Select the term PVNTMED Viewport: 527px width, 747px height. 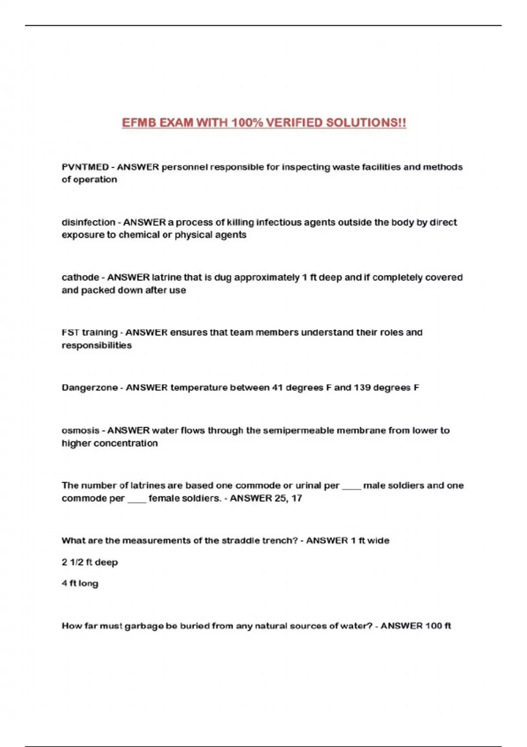pyautogui.click(x=85, y=167)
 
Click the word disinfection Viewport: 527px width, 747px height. pyautogui.click(x=88, y=222)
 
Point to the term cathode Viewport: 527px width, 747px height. pyautogui.click(x=80, y=277)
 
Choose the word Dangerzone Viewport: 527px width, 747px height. pyautogui.click(x=90, y=388)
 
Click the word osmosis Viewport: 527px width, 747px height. pyautogui.click(x=80, y=430)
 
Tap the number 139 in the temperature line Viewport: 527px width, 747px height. pyautogui.click(x=362, y=388)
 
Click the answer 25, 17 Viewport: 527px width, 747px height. pyautogui.click(x=288, y=498)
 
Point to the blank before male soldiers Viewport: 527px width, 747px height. pyautogui.click(x=351, y=486)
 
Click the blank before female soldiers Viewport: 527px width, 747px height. pyautogui.click(x=137, y=499)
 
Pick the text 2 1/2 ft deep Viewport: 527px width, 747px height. pyautogui.click(x=90, y=562)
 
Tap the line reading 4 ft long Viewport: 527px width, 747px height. pyautogui.click(x=80, y=583)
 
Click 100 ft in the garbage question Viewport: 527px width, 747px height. pyautogui.click(x=438, y=626)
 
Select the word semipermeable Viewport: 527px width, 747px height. pyautogui.click(x=298, y=430)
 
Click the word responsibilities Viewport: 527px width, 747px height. pyautogui.click(x=97, y=345)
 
